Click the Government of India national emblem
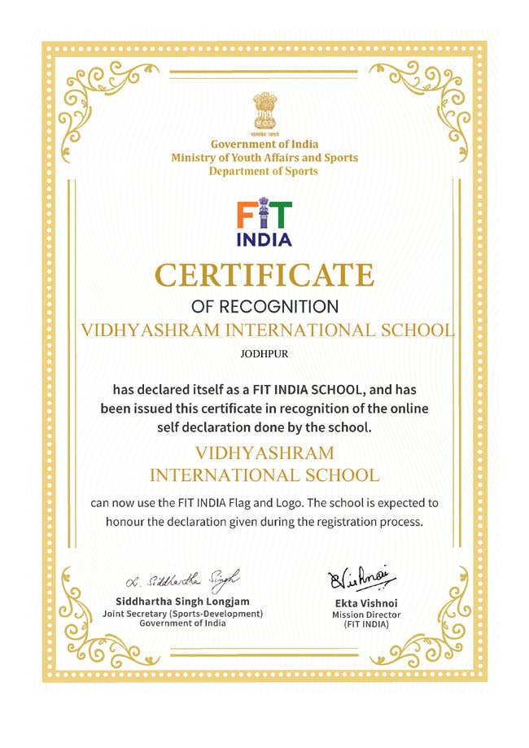(264, 109)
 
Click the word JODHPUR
(264, 354)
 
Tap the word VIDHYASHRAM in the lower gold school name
(264, 453)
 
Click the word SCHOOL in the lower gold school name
(335, 474)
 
